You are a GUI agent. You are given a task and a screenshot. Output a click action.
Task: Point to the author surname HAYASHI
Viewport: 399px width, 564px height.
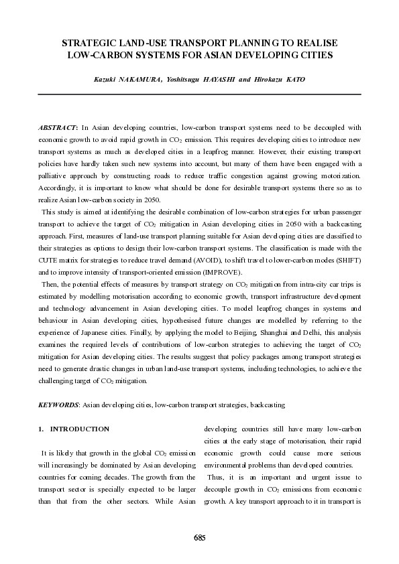tap(213, 80)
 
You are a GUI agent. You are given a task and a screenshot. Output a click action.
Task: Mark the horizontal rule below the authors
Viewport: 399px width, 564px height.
tap(199, 94)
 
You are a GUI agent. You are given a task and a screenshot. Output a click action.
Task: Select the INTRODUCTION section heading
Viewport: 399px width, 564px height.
tap(80, 429)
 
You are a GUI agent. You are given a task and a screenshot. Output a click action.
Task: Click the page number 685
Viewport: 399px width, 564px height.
tap(199, 537)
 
